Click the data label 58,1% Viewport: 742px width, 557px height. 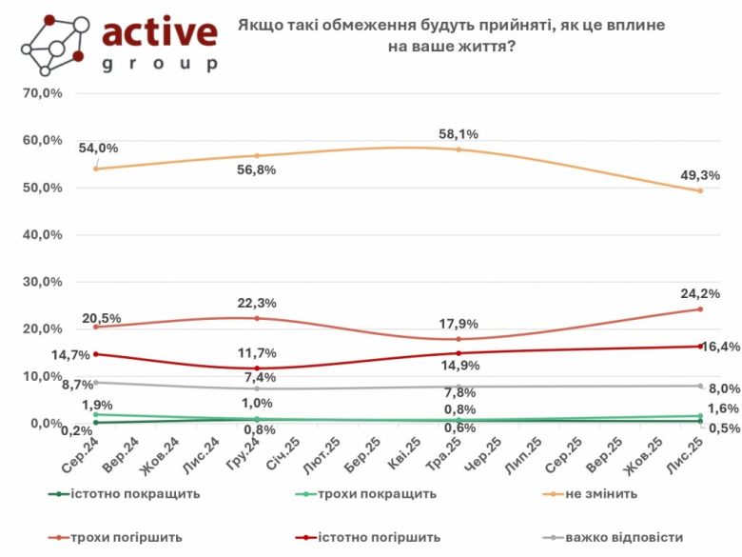coord(459,134)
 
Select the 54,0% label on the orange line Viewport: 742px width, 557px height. coord(98,149)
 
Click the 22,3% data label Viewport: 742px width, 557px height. coord(258,303)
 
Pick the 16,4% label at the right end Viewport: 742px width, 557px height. coord(721,347)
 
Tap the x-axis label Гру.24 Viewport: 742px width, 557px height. coord(242,455)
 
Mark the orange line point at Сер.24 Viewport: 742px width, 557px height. coord(96,169)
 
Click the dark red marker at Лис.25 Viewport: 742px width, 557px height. coord(700,346)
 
